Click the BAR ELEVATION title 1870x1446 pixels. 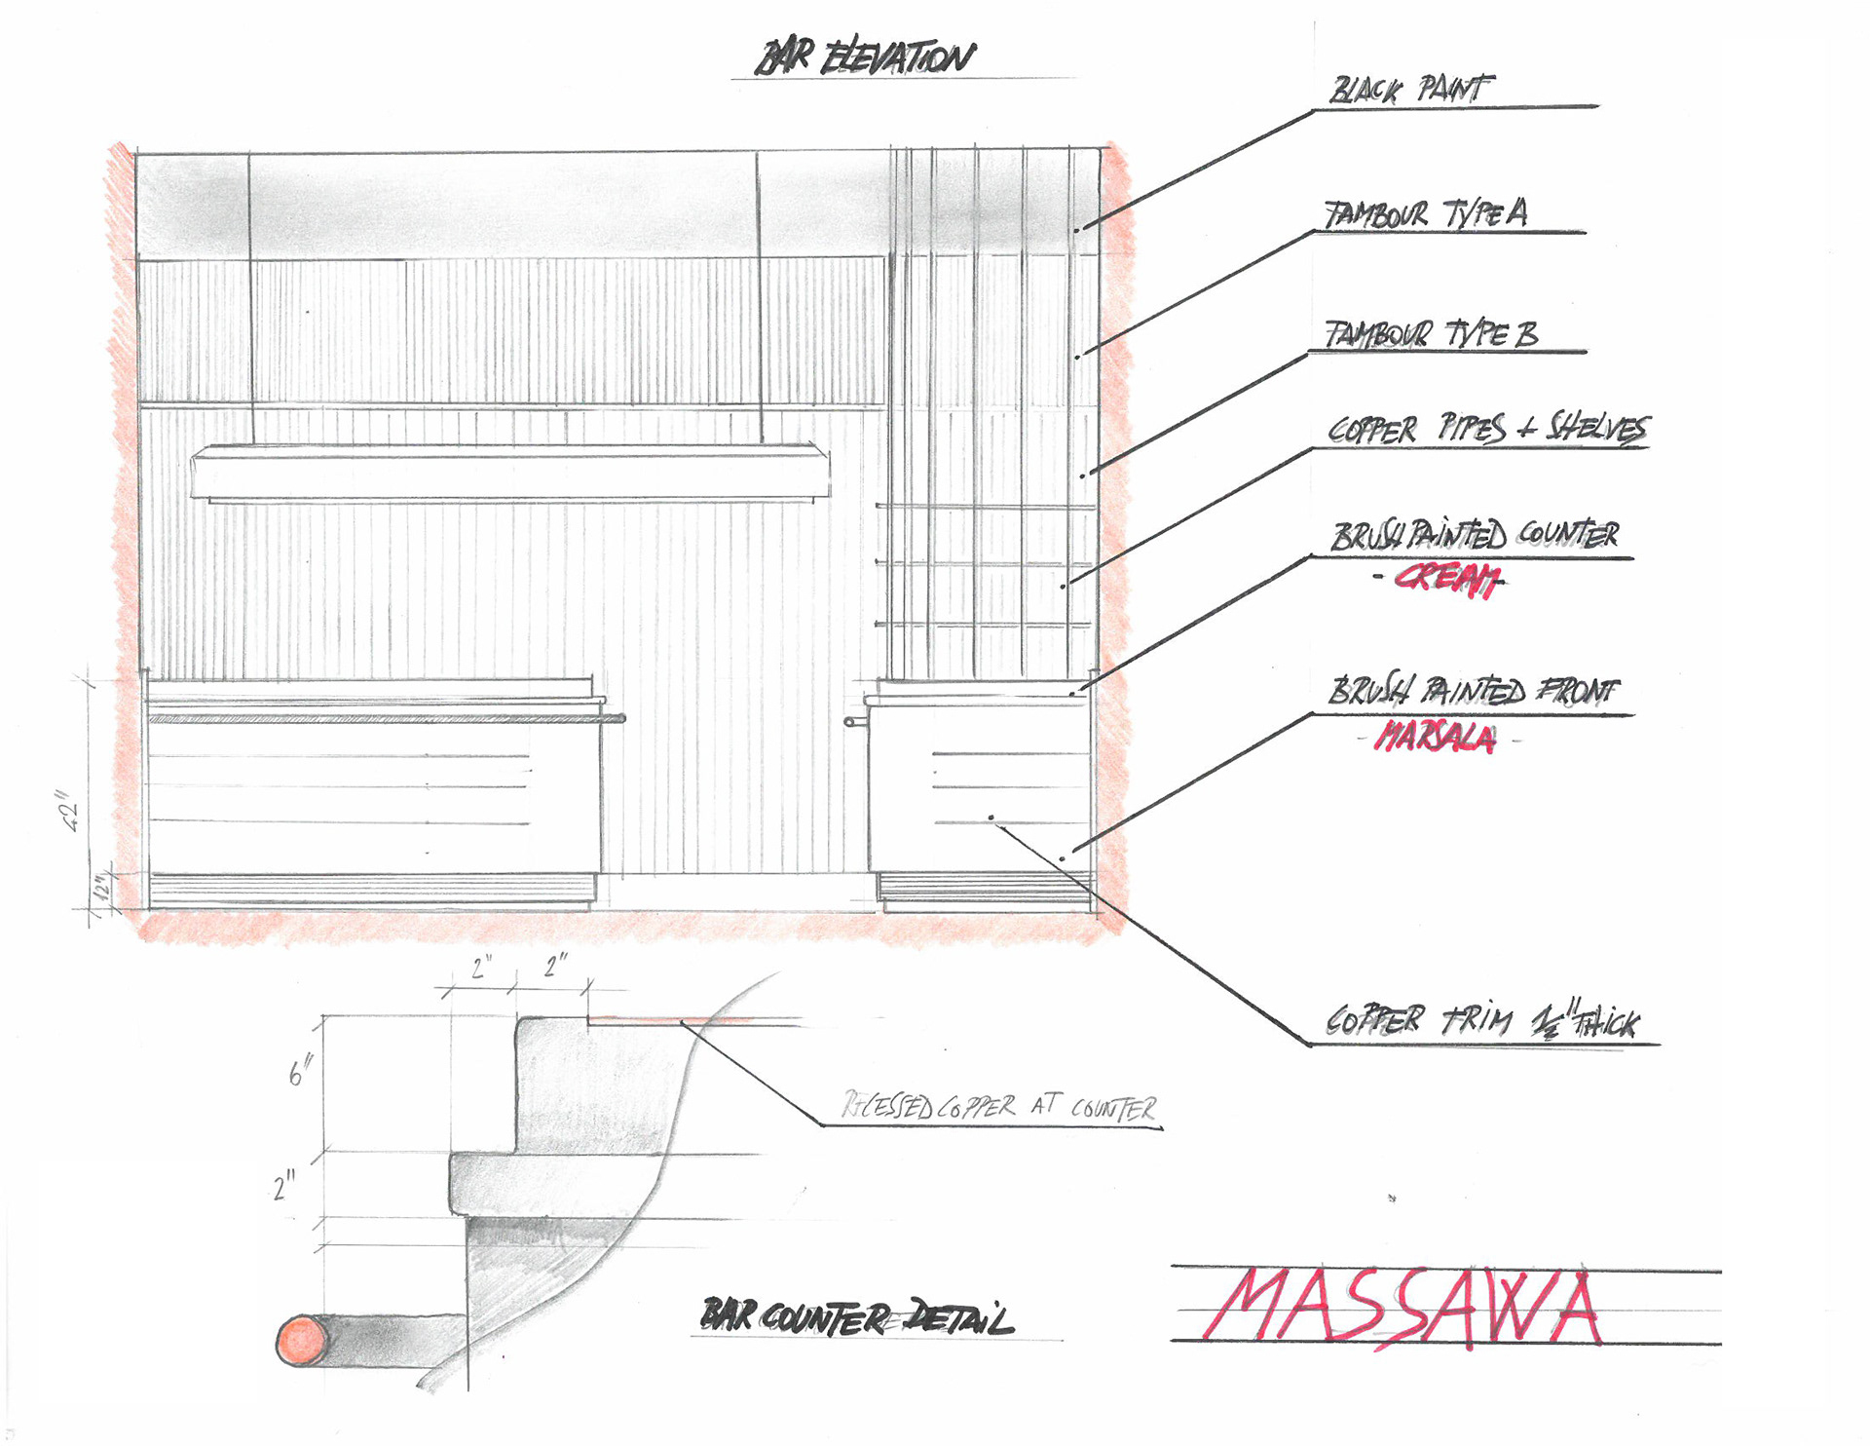(x=865, y=58)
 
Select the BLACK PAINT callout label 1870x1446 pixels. (x=1410, y=90)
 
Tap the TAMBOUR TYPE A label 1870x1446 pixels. (x=1426, y=214)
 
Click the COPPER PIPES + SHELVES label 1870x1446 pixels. (x=1487, y=430)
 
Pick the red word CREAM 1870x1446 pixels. (x=1446, y=580)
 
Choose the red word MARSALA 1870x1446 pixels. (x=1435, y=738)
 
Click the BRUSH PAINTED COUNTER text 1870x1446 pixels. (x=1475, y=536)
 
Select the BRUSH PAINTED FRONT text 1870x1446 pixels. (x=1473, y=691)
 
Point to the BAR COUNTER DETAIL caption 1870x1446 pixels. (x=856, y=1318)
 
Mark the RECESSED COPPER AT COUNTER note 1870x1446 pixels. (x=999, y=1108)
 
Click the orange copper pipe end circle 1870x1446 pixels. (x=304, y=1339)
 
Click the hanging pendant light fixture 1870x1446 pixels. (x=510, y=473)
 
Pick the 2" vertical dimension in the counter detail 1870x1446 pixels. (x=284, y=1187)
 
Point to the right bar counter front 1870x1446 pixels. (x=979, y=789)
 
